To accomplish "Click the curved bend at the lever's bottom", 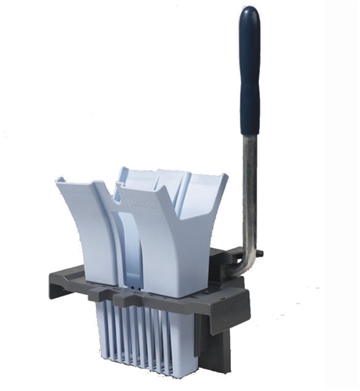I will coord(244,266).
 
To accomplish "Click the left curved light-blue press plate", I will coord(86,235).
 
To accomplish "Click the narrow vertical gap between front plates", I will coord(118,250).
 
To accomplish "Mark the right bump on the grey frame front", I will coord(121,298).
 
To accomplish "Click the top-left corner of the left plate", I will coord(59,181).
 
